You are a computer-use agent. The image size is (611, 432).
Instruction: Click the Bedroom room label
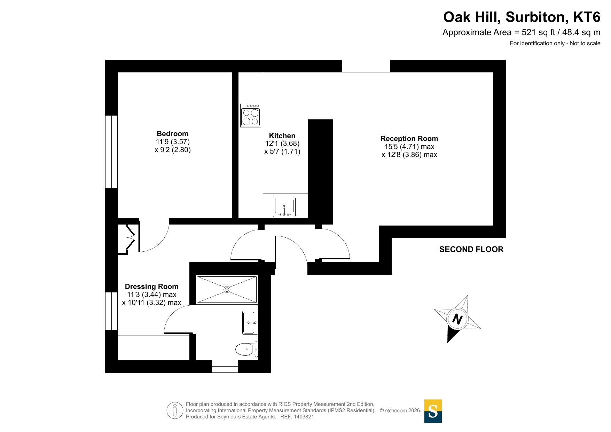click(x=172, y=134)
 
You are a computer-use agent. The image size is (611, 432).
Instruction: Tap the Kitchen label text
click(x=282, y=136)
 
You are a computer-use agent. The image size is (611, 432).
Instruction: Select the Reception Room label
click(x=409, y=139)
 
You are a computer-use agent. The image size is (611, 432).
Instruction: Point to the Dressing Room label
click(x=151, y=286)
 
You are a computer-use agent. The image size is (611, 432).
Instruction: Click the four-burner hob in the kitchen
click(x=251, y=115)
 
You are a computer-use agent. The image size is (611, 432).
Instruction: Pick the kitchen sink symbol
click(x=284, y=207)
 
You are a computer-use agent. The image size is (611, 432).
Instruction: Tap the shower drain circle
click(x=227, y=290)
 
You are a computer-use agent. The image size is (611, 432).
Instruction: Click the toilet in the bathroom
click(x=247, y=349)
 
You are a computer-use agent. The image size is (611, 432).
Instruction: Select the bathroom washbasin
click(x=250, y=323)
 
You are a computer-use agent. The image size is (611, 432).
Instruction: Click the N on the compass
click(x=457, y=319)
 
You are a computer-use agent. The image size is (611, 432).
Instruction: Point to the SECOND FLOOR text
click(x=471, y=249)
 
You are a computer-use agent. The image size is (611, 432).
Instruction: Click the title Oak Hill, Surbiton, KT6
click(x=522, y=17)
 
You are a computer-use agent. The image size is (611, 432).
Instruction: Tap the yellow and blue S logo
click(x=433, y=411)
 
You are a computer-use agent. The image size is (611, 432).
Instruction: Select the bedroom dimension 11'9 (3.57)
click(x=173, y=142)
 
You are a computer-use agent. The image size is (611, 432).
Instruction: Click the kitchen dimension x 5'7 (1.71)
click(x=282, y=151)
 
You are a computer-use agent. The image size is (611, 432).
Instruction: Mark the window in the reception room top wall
click(x=366, y=66)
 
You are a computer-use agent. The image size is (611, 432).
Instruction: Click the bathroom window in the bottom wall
click(x=225, y=367)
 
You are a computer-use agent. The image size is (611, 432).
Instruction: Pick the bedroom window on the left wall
click(x=111, y=152)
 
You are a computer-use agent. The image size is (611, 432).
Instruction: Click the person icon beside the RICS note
click(x=175, y=410)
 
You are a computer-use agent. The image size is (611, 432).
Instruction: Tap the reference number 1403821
click(x=304, y=417)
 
